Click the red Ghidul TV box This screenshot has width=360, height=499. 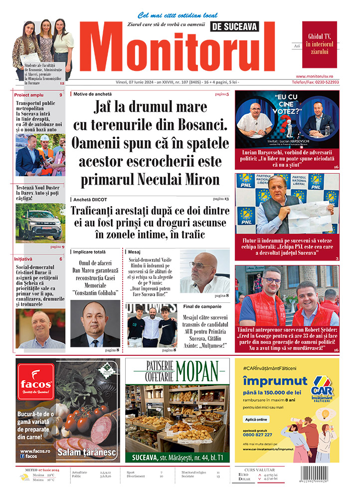[x=319, y=44]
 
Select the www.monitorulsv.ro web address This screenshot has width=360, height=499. [x=321, y=76]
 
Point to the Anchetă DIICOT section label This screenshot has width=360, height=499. [x=90, y=199]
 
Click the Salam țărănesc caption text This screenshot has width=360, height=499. [x=87, y=453]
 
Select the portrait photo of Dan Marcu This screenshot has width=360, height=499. [x=95, y=324]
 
